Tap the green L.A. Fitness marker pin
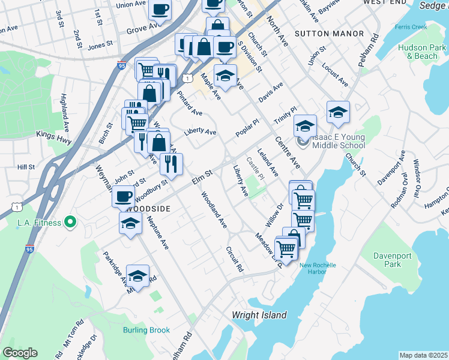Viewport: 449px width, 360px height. [x=71, y=223]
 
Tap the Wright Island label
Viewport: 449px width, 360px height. [x=259, y=315]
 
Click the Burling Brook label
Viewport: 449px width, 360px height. [x=146, y=330]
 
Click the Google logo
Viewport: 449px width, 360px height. [x=20, y=353]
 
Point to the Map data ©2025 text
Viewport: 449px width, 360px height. [x=424, y=355]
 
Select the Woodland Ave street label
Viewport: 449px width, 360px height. [x=214, y=210]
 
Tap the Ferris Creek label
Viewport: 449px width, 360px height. [x=410, y=28]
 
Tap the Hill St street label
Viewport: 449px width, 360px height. [x=26, y=167]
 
